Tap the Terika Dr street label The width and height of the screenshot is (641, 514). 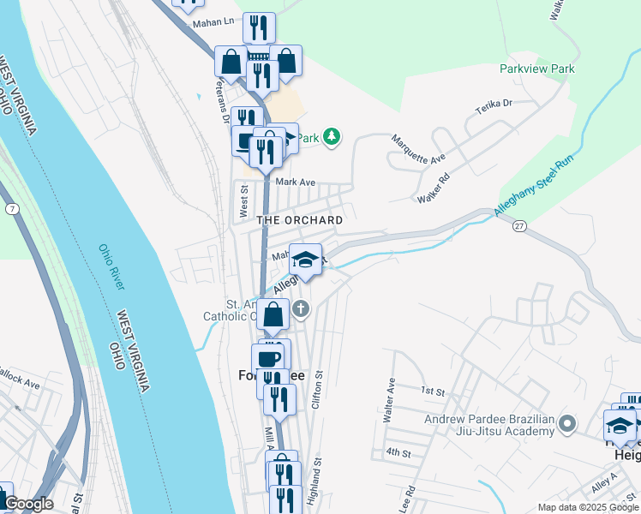494,109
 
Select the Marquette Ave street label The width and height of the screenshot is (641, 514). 418,149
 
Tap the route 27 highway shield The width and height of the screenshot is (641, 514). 519,226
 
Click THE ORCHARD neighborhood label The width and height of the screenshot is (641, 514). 300,220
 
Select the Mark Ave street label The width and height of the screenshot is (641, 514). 296,182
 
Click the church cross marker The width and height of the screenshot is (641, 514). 300,309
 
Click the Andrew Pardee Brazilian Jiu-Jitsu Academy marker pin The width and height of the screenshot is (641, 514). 566,423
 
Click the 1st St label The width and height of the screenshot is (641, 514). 433,391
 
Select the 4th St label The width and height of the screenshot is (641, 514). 398,451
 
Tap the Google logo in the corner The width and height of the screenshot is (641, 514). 28,504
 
